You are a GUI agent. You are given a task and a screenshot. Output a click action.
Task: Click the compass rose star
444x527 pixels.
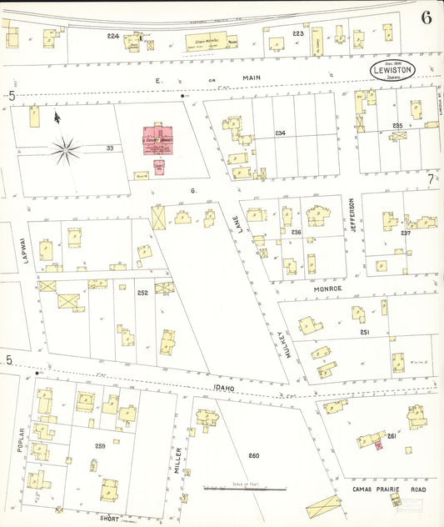tap(66, 151)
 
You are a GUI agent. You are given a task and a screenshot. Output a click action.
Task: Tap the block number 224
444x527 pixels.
tap(113, 36)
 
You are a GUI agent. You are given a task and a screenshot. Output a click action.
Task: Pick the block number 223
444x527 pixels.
tap(297, 33)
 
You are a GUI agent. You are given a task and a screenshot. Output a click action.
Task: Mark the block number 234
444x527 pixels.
tap(280, 133)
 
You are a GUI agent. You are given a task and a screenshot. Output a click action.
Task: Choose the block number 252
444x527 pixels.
tap(142, 293)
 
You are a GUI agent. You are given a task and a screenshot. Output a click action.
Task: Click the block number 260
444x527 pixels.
tap(254, 455)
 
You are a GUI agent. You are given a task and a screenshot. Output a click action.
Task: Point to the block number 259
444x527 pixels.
tap(100, 446)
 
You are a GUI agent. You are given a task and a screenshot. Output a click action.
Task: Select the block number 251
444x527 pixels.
tap(364, 333)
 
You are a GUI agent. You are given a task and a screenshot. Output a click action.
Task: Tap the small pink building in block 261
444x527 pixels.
tap(378, 445)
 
